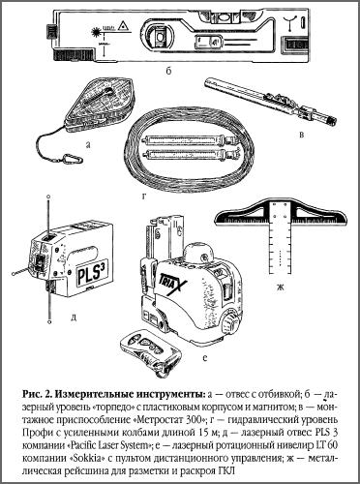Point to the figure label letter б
click(x=169, y=70)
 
